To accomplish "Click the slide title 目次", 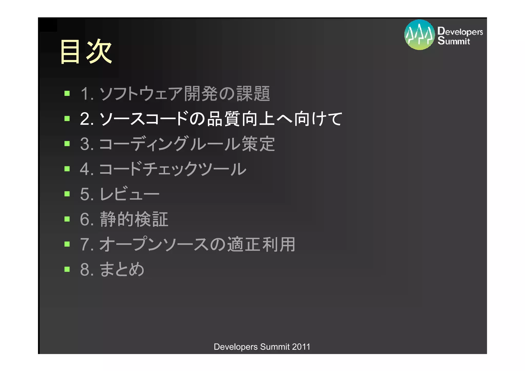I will pyautogui.click(x=86, y=51).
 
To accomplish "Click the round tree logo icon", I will pyautogui.click(x=419, y=35).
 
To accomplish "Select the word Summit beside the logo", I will pyautogui.click(x=454, y=41).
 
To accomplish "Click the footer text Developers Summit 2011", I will pyautogui.click(x=262, y=347).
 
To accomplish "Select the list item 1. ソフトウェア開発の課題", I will pyautogui.click(x=175, y=94).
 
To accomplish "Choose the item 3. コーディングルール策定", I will pyautogui.click(x=177, y=144).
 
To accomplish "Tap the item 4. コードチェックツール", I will pyautogui.click(x=163, y=169).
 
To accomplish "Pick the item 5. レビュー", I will pyautogui.click(x=120, y=194).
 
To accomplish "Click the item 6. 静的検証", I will pyautogui.click(x=124, y=219).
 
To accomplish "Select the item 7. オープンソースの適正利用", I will pyautogui.click(x=188, y=244).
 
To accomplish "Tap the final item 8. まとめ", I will pyautogui.click(x=112, y=269).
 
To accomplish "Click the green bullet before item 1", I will pyautogui.click(x=67, y=93).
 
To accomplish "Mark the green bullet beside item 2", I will pyautogui.click(x=67, y=118).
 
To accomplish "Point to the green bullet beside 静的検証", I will pyautogui.click(x=67, y=219).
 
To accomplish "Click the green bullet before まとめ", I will pyautogui.click(x=67, y=269).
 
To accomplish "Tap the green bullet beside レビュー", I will pyautogui.click(x=67, y=194).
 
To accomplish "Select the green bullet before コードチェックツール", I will pyautogui.click(x=67, y=169).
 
